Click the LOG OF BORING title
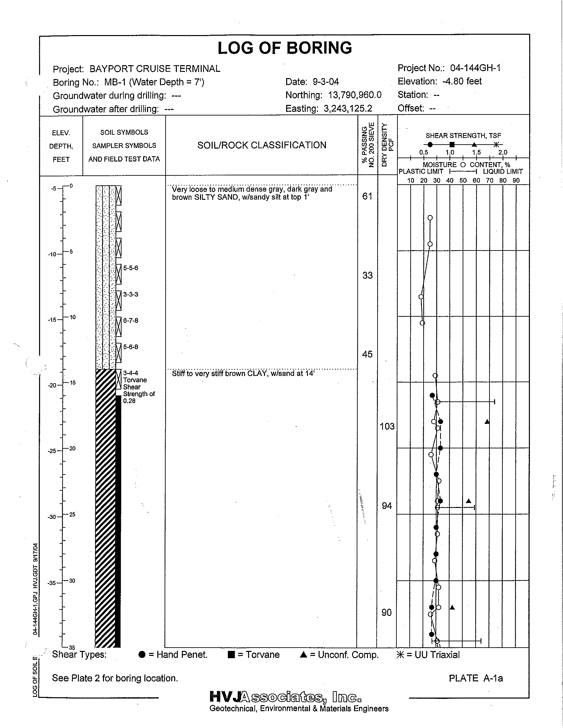click(284, 48)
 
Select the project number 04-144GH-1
click(475, 68)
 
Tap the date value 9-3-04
click(326, 82)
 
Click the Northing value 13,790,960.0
click(355, 95)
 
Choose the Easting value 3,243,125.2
click(348, 108)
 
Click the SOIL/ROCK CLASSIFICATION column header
click(262, 145)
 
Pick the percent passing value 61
click(367, 196)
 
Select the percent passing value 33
click(367, 275)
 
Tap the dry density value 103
click(387, 426)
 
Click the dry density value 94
click(386, 506)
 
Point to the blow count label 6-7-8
click(130, 321)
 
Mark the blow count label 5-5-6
click(130, 268)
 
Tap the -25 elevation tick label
click(53, 451)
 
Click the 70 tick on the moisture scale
click(489, 181)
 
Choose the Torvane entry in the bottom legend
click(253, 655)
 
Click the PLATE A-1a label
click(476, 678)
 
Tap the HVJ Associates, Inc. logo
click(285, 697)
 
